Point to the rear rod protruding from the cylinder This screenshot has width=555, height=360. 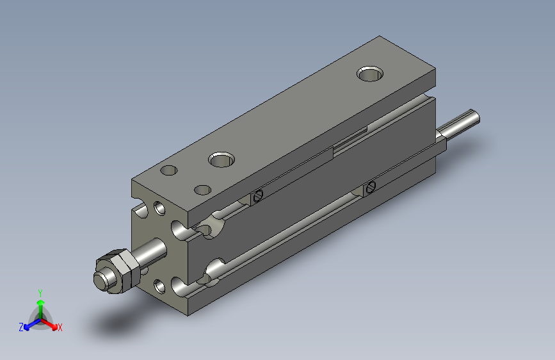coord(462,123)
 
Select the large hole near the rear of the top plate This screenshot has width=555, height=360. coord(369,74)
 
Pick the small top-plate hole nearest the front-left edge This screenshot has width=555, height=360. coord(169,170)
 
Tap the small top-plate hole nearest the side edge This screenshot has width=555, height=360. coord(203,190)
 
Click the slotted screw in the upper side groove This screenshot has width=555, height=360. coord(258,196)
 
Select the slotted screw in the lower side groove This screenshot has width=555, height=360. coord(370,187)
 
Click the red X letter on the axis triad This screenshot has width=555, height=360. coord(60,328)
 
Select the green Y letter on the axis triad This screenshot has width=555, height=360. coord(40,292)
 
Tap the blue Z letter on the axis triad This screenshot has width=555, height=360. coord(21,327)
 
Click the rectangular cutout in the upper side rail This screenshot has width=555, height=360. coord(350,139)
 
